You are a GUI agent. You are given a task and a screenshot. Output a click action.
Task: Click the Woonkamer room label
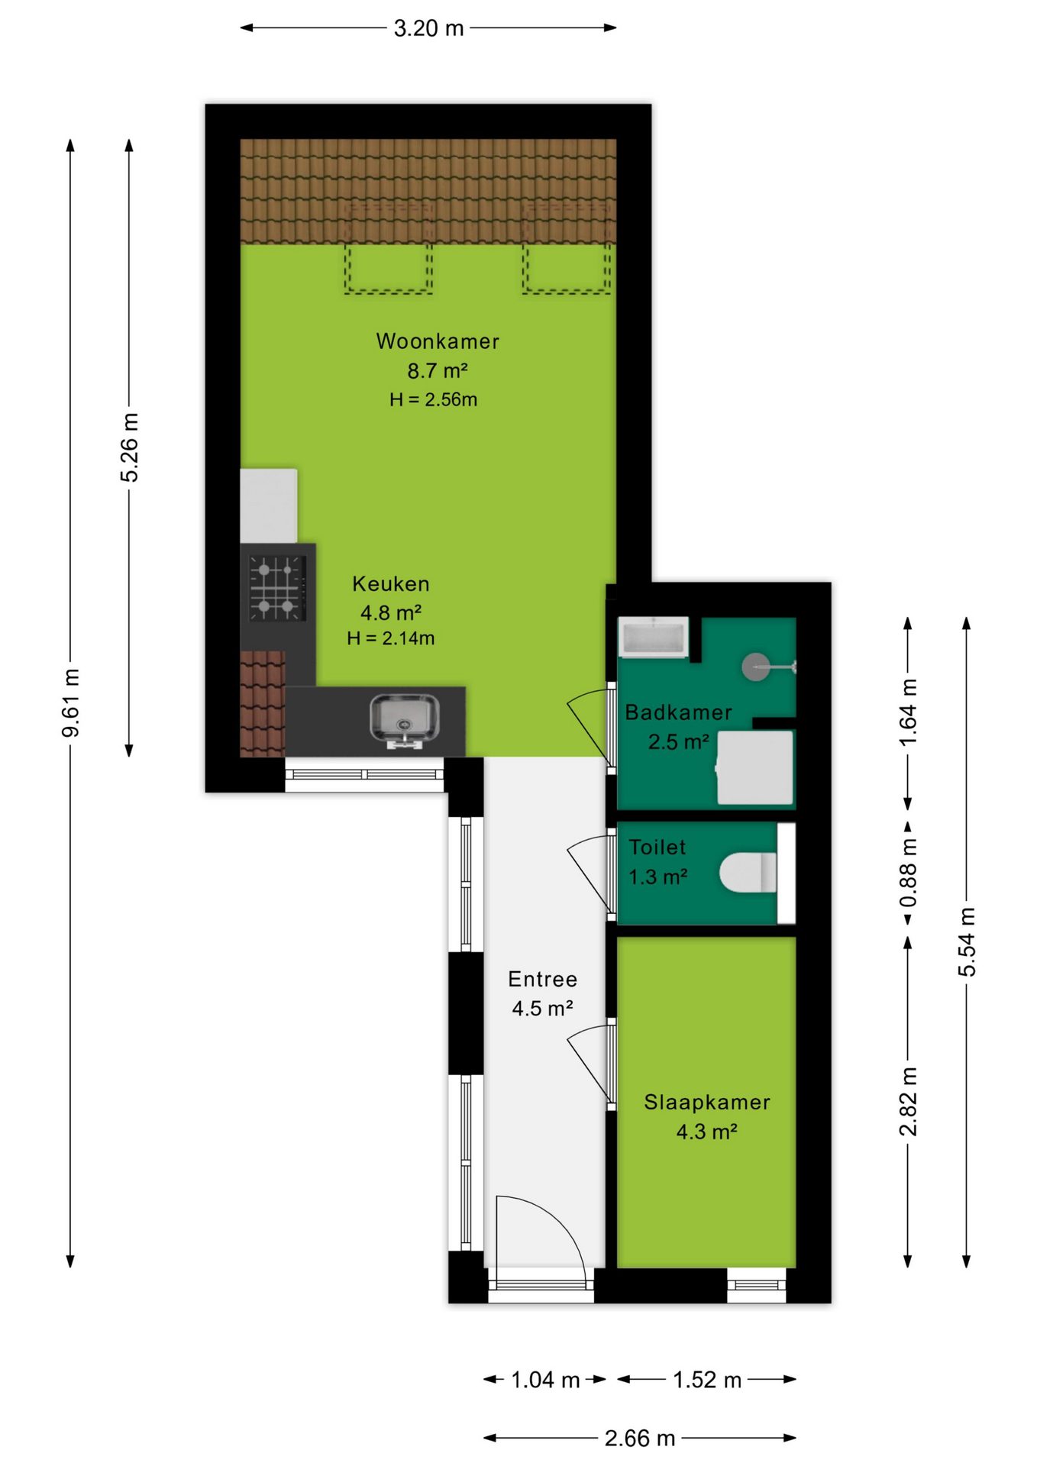(438, 341)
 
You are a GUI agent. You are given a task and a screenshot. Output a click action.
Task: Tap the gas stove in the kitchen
(276, 588)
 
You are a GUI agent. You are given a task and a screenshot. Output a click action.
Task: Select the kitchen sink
(404, 719)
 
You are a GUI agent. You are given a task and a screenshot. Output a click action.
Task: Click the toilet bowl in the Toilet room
(748, 872)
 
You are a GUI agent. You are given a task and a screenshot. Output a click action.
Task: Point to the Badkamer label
(678, 712)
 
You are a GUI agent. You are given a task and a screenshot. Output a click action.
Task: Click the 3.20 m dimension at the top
(428, 28)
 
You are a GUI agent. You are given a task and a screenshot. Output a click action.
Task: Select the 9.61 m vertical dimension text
(70, 703)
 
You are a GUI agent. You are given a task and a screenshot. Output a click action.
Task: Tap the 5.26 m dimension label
(130, 447)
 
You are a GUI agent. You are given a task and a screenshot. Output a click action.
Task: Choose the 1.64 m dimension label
(907, 713)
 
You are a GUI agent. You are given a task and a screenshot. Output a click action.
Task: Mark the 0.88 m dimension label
(907, 872)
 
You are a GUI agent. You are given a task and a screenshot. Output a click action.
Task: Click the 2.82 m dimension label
(907, 1101)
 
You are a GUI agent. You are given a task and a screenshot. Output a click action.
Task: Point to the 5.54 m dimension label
(967, 941)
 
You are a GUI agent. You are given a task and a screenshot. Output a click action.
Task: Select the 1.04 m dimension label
(545, 1380)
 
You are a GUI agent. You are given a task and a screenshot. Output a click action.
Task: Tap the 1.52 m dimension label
(707, 1380)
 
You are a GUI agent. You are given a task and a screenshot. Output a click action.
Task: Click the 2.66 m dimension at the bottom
(640, 1439)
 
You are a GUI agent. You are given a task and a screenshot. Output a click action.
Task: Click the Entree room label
(542, 979)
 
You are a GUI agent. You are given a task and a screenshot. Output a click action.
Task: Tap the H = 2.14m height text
(390, 638)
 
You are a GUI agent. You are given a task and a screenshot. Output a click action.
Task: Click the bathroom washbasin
(654, 638)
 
